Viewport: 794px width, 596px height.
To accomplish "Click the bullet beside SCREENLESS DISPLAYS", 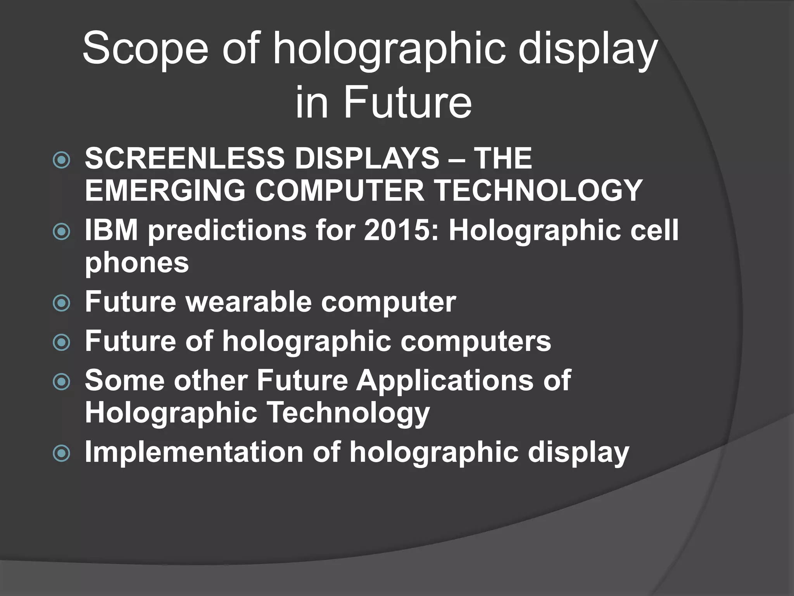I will coord(61,160).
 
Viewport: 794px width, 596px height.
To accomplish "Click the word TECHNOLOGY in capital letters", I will coord(539,190).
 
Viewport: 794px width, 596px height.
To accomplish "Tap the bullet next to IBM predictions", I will coord(61,232).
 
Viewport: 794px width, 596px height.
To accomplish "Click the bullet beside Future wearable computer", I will coord(61,303).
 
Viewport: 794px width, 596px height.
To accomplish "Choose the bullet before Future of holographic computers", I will coord(61,342).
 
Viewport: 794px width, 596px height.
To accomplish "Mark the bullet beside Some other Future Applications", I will coord(61,382).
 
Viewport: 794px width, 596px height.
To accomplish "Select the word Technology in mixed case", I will coord(349,412).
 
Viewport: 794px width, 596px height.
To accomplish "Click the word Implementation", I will coord(194,452).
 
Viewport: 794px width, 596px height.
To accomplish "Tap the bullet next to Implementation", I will coord(61,453).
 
